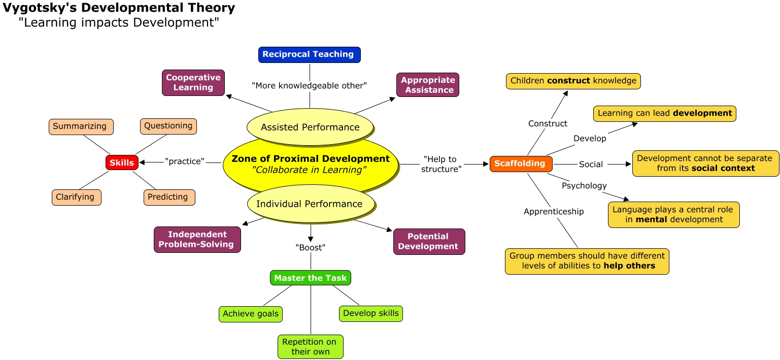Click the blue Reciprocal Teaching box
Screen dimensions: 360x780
click(x=309, y=54)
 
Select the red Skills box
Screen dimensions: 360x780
click(x=122, y=162)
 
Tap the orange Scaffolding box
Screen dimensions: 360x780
click(x=521, y=163)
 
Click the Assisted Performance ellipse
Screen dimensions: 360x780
click(x=310, y=127)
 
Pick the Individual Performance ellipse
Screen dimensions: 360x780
click(x=310, y=204)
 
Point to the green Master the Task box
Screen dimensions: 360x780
click(x=310, y=278)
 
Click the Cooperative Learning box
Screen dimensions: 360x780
click(x=193, y=82)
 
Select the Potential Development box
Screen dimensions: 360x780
click(x=428, y=241)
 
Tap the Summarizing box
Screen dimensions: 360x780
click(x=80, y=126)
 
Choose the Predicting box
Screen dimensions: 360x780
click(x=168, y=197)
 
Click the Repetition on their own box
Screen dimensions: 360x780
click(x=310, y=346)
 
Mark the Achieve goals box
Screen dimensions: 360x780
click(x=250, y=314)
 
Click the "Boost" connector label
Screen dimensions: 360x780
click(x=310, y=248)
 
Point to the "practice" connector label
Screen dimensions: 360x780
click(x=185, y=161)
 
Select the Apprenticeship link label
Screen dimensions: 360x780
click(x=554, y=211)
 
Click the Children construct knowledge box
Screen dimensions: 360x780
click(x=573, y=81)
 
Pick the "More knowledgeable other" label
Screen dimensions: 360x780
click(x=309, y=85)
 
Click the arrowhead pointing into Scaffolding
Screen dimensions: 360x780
click(x=486, y=164)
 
